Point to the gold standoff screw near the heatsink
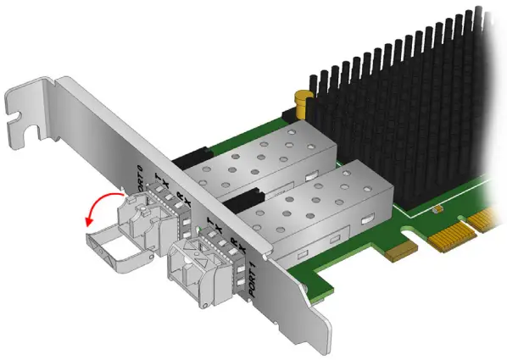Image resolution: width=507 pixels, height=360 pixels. click(x=300, y=104)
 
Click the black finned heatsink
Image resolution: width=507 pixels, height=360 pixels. click(x=398, y=93)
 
